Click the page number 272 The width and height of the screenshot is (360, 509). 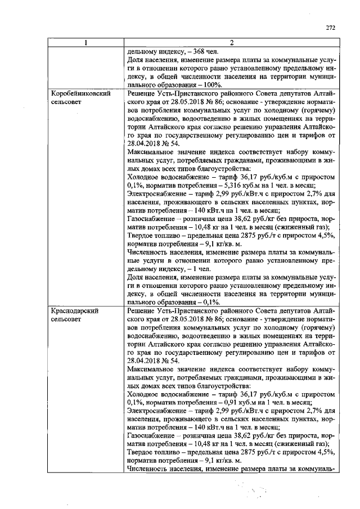pyautogui.click(x=330, y=26)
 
